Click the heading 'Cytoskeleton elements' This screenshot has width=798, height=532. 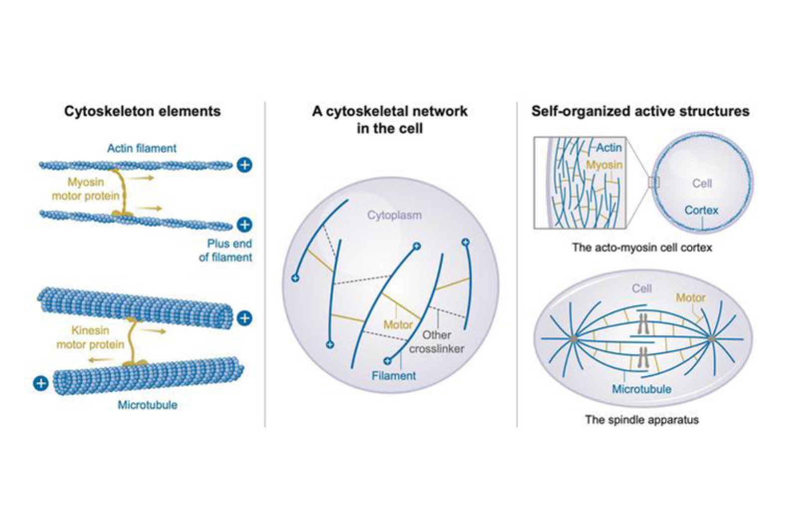pos(142,111)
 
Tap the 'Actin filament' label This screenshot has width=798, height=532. pos(142,148)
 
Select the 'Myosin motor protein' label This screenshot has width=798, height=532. pos(85,189)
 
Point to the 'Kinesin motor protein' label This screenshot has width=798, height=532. pos(90,337)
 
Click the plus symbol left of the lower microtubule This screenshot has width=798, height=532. pos(41,383)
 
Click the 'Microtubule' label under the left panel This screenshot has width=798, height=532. pos(147,405)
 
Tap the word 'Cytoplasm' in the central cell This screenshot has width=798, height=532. pos(394,215)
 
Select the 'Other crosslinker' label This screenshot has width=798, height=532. pos(436,342)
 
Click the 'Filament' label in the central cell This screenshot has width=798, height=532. pos(393,376)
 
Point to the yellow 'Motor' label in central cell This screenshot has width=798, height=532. pos(398,324)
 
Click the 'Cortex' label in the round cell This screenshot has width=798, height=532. pos(701,210)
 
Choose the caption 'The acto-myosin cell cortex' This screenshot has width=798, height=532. pos(642,248)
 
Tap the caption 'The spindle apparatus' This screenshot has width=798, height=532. pos(642,420)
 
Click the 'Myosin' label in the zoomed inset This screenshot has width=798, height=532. pos(604,165)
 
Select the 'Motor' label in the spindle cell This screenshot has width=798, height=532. pos(690,298)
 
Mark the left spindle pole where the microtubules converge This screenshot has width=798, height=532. pos(574,339)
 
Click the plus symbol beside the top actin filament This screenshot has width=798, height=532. pos(244,165)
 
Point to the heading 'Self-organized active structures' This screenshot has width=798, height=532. pos(640,111)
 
